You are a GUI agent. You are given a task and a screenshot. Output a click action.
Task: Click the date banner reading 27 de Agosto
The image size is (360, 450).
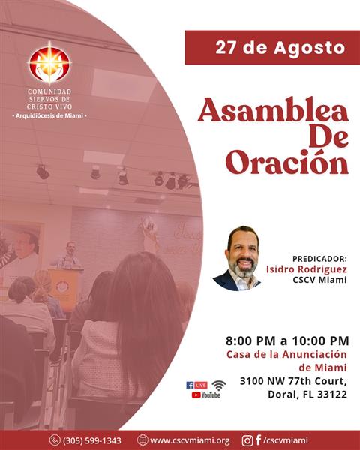272,48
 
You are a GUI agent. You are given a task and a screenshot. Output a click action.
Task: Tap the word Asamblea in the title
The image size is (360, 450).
273,110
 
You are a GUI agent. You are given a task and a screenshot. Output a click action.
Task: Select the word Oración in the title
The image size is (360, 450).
287,163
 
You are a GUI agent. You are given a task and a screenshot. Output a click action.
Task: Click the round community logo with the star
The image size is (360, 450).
49,64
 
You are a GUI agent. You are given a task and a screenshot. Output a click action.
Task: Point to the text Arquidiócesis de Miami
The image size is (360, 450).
49,116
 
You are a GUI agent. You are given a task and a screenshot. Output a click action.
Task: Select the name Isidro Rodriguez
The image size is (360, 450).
307,269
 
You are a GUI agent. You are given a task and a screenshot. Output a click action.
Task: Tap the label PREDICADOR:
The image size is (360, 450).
319,259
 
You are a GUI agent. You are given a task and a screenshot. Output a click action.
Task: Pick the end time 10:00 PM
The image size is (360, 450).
321,340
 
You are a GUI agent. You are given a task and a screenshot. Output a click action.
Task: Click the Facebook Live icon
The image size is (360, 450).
196,385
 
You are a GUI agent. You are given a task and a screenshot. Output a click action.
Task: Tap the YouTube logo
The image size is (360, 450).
205,395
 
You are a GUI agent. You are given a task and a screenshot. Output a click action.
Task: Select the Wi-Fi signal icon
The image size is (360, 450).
219,385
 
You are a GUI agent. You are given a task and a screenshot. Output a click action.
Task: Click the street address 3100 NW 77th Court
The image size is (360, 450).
293,381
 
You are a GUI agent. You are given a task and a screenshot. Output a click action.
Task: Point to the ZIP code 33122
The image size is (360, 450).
332,394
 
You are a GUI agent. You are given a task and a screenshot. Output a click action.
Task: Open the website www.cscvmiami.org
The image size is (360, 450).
190,440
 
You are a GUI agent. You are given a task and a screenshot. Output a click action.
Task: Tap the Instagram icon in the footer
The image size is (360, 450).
247,440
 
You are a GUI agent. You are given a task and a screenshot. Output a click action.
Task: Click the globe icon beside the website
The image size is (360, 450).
142,440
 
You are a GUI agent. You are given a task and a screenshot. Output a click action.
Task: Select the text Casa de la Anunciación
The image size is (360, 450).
286,355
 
